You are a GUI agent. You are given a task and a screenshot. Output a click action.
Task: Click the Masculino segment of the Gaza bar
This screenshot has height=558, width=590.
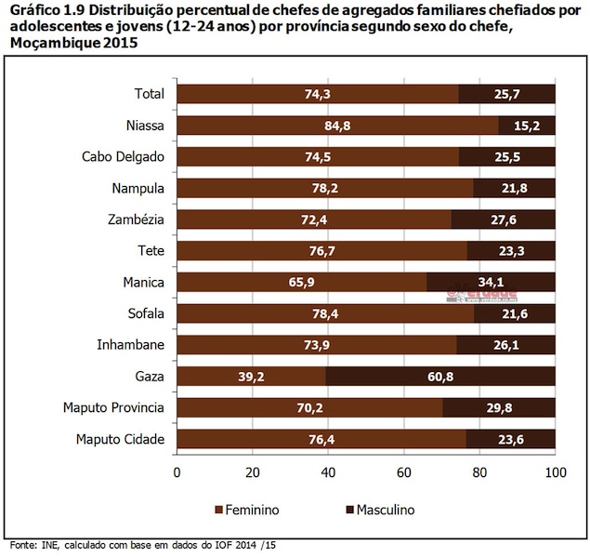440,377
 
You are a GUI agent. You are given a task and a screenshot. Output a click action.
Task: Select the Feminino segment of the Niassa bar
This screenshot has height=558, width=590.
336,126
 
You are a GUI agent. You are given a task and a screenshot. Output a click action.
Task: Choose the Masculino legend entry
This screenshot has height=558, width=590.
375,510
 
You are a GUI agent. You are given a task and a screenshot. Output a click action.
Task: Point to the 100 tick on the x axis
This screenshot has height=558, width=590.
555,472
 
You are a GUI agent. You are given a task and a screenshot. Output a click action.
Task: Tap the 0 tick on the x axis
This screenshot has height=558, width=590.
177,472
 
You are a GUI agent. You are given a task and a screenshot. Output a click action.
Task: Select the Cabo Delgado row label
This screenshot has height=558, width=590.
122,156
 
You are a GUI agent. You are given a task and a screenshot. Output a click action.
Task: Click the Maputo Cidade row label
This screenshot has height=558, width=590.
118,439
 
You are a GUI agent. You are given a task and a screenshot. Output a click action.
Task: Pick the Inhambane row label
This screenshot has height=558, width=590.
130,345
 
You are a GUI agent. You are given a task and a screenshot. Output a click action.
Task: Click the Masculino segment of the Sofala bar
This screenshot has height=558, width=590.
515,313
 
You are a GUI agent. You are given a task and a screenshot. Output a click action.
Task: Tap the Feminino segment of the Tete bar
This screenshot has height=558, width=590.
321,251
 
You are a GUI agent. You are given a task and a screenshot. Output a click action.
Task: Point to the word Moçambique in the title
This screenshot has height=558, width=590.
47,44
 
